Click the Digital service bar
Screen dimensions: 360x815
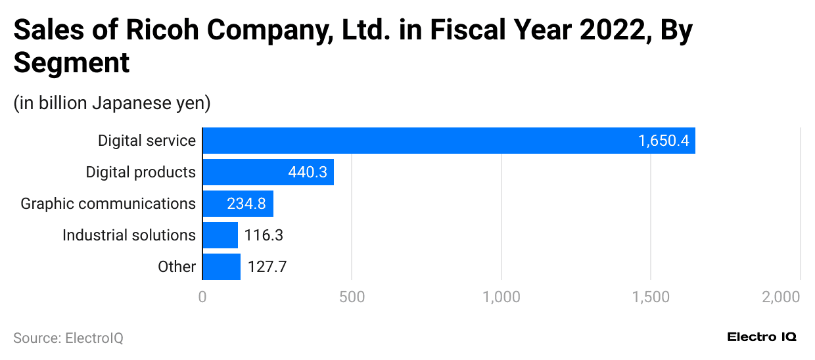point(448,141)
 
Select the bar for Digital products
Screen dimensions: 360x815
point(268,172)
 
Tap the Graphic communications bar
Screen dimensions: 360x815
point(237,204)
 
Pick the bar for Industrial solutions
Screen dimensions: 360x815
point(220,235)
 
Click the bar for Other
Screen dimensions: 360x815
point(221,267)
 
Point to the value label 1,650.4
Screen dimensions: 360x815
point(663,141)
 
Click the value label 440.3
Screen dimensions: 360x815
point(307,172)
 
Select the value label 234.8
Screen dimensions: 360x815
point(246,204)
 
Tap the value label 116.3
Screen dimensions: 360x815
point(264,235)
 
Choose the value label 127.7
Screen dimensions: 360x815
point(267,267)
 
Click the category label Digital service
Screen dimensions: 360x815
point(147,141)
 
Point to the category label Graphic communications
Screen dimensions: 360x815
point(108,204)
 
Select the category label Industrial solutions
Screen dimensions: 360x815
point(129,235)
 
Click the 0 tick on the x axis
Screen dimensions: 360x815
point(202,297)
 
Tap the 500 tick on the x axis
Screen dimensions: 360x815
point(352,297)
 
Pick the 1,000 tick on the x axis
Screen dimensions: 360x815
point(501,297)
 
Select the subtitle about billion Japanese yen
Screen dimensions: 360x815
point(112,103)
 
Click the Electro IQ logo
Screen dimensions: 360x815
point(762,337)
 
